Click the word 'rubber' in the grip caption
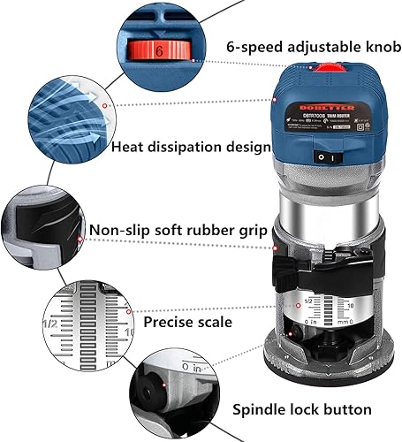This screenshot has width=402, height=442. (206, 231)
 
